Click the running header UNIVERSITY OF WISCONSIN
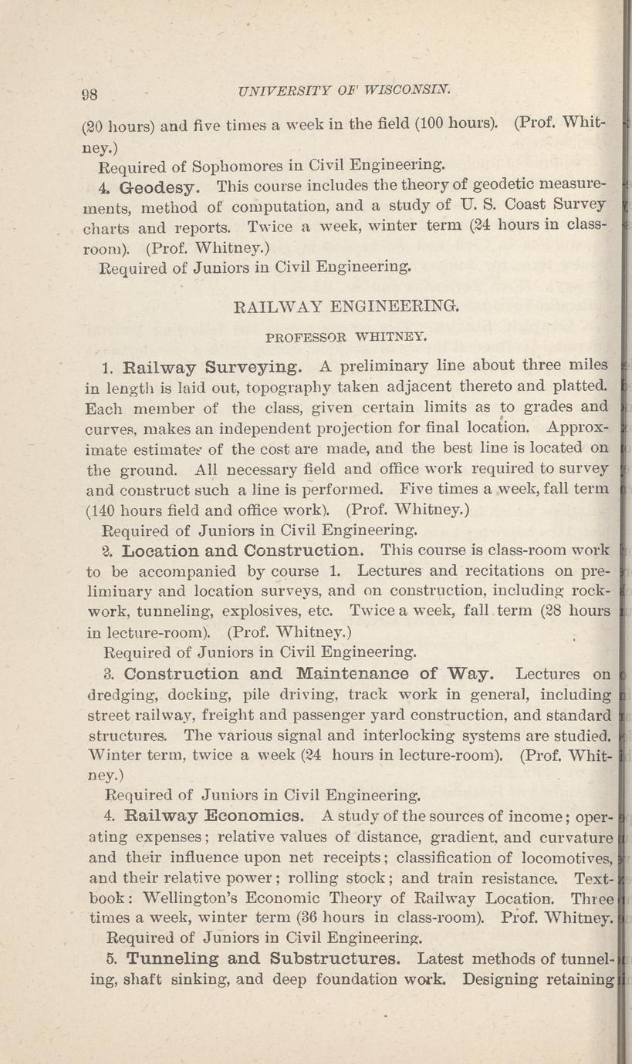pyautogui.click(x=345, y=89)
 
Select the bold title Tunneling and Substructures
pyautogui.click(x=263, y=960)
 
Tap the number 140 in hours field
pyautogui.click(x=103, y=509)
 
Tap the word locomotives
pyautogui.click(x=568, y=856)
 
